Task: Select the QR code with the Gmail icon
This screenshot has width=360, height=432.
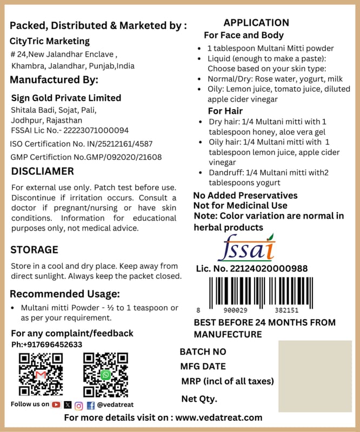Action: tap(41, 374)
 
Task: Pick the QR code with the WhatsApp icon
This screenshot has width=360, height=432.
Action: tap(105, 374)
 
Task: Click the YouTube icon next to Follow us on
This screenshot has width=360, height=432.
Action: tap(56, 404)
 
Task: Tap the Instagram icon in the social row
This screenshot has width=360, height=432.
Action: tap(79, 404)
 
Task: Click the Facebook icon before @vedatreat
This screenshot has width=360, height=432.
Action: tap(90, 404)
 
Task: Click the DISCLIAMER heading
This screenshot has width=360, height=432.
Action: tap(43, 172)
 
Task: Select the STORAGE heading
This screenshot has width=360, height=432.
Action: tap(35, 249)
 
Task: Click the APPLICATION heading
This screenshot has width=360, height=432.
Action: tap(256, 23)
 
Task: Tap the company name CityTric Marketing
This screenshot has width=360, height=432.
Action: tap(50, 41)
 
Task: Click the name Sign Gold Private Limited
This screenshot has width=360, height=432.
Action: tap(66, 98)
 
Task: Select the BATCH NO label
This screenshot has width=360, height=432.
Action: tap(203, 352)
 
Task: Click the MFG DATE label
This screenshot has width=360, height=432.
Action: tap(203, 367)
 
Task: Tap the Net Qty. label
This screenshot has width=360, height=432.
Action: tap(199, 399)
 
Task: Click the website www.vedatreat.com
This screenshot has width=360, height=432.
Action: tap(219, 417)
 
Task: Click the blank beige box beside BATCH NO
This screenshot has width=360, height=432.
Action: tap(315, 376)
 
